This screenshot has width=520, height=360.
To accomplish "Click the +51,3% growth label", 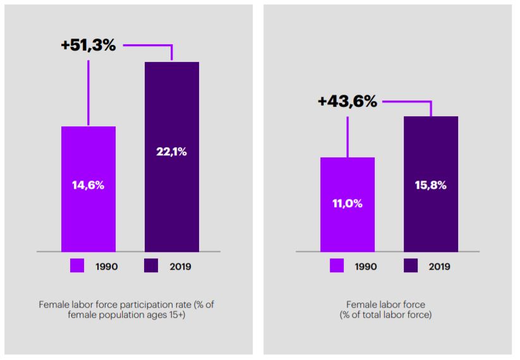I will click(88, 45).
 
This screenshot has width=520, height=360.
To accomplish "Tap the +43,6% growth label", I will click(348, 101).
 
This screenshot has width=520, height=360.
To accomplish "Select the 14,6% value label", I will click(88, 185).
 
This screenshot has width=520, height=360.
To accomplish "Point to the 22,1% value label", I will click(172, 152).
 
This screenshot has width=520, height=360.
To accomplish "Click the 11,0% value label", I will click(348, 203).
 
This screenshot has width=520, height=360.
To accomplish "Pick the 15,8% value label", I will click(431, 185).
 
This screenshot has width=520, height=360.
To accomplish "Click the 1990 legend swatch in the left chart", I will click(77, 266).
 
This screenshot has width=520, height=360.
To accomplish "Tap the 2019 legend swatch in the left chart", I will click(152, 266).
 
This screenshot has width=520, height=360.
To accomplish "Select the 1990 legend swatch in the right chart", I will click(337, 266).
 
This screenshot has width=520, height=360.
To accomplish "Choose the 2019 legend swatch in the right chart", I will click(411, 266).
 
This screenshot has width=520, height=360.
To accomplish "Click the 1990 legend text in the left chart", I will click(106, 267).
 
